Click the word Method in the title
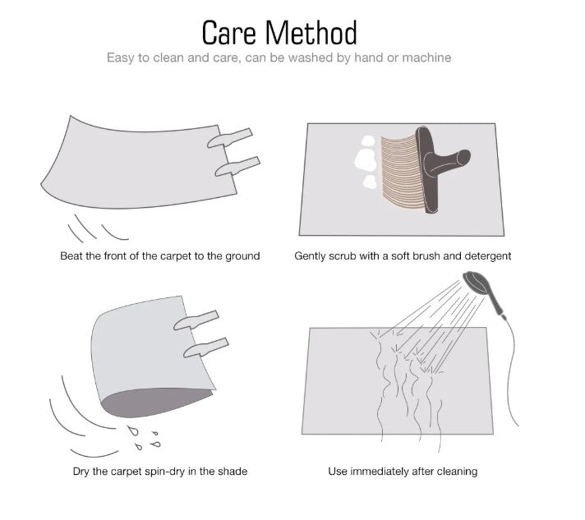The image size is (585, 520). tap(311, 33)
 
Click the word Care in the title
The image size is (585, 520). tap(229, 33)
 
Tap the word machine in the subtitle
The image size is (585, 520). tap(426, 58)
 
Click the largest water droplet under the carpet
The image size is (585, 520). tap(133, 430)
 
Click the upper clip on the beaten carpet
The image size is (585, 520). tap(230, 138)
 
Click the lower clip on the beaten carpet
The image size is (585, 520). tap(237, 167)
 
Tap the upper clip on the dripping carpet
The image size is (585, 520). tap(196, 320)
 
